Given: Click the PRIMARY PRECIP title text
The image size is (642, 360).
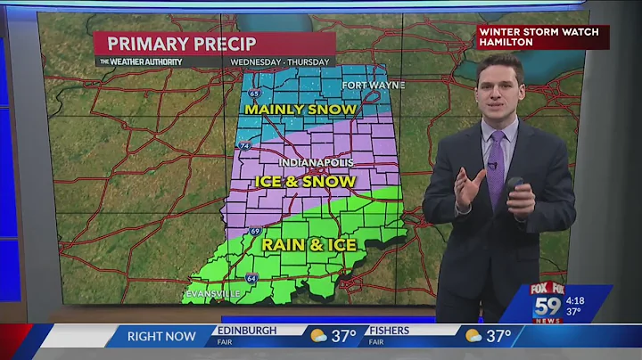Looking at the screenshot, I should point(182,44).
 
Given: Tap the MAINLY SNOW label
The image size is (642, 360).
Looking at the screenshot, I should point(300,110).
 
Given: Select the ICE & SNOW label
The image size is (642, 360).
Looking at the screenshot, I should point(305,181).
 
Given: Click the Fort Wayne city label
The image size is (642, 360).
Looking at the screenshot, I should point(374,85).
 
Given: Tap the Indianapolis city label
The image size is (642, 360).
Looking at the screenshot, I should point(316,163).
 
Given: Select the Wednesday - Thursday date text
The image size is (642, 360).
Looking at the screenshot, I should point(280,61).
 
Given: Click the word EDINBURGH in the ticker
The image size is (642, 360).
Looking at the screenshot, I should point(248,330).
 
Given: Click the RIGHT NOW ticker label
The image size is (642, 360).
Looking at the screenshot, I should point(160,336).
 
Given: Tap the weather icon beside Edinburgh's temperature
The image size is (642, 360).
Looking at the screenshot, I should point(318,336).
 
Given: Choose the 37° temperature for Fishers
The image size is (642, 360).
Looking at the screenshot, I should point(498,336).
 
